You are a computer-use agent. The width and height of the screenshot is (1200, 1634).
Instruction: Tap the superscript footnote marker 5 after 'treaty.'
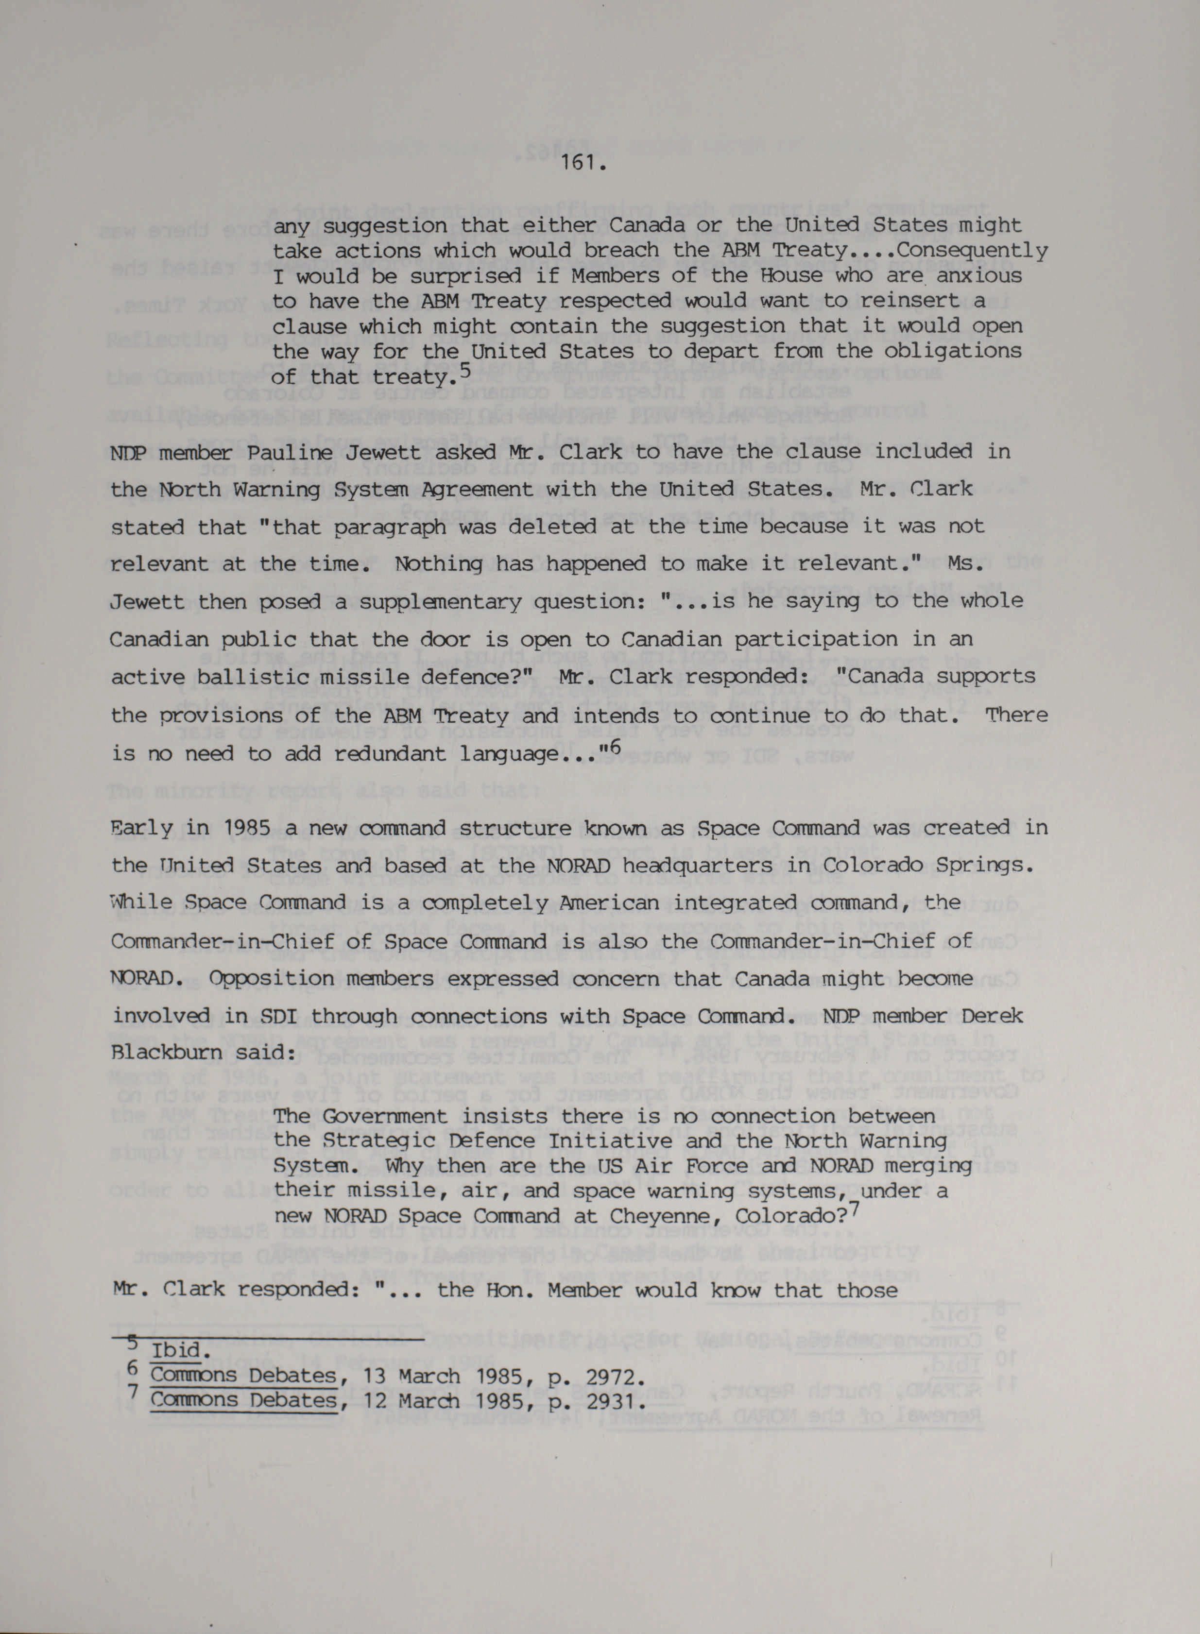pyautogui.click(x=465, y=370)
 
